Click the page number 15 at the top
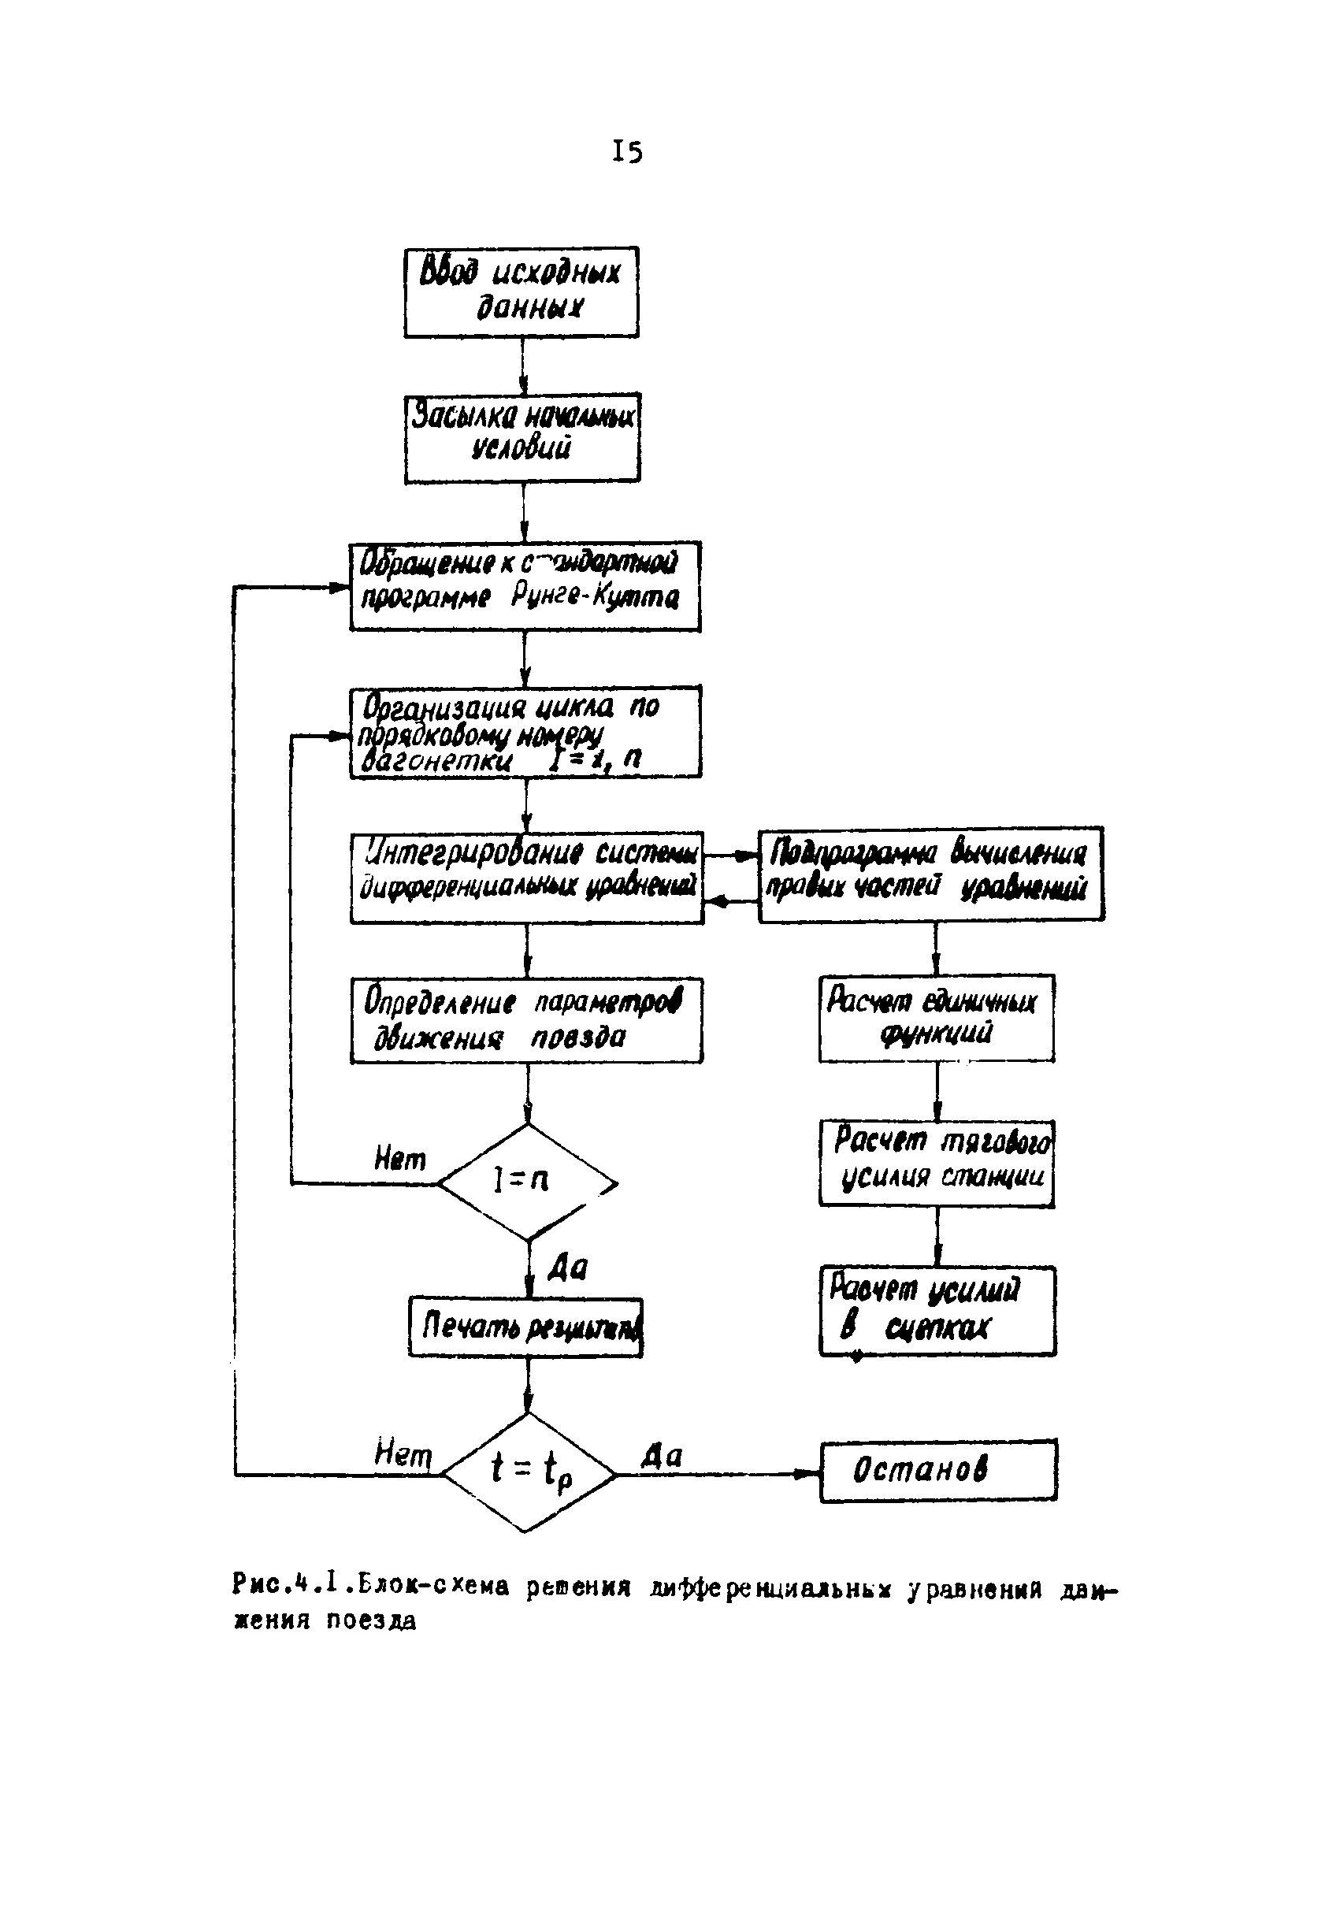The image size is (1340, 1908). [626, 152]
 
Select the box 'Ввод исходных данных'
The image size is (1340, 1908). [521, 291]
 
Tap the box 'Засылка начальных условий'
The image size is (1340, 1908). [522, 438]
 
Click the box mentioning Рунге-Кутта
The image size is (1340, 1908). [524, 586]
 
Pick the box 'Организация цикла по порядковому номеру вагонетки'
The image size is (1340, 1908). [525, 731]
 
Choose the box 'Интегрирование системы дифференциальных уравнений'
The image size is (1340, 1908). [527, 878]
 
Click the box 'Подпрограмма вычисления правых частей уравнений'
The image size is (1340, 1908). [930, 874]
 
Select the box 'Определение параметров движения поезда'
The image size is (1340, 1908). [526, 1020]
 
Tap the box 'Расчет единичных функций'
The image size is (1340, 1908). [936, 1018]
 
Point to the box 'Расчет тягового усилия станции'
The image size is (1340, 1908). [936, 1164]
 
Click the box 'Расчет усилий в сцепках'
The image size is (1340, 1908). [937, 1311]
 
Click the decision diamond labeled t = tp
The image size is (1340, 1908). [529, 1472]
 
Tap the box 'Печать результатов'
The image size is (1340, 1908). [525, 1327]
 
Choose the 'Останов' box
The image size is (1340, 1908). [938, 1470]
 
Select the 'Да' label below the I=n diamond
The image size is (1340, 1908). [567, 1269]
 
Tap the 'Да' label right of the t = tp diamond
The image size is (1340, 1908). [662, 1455]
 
